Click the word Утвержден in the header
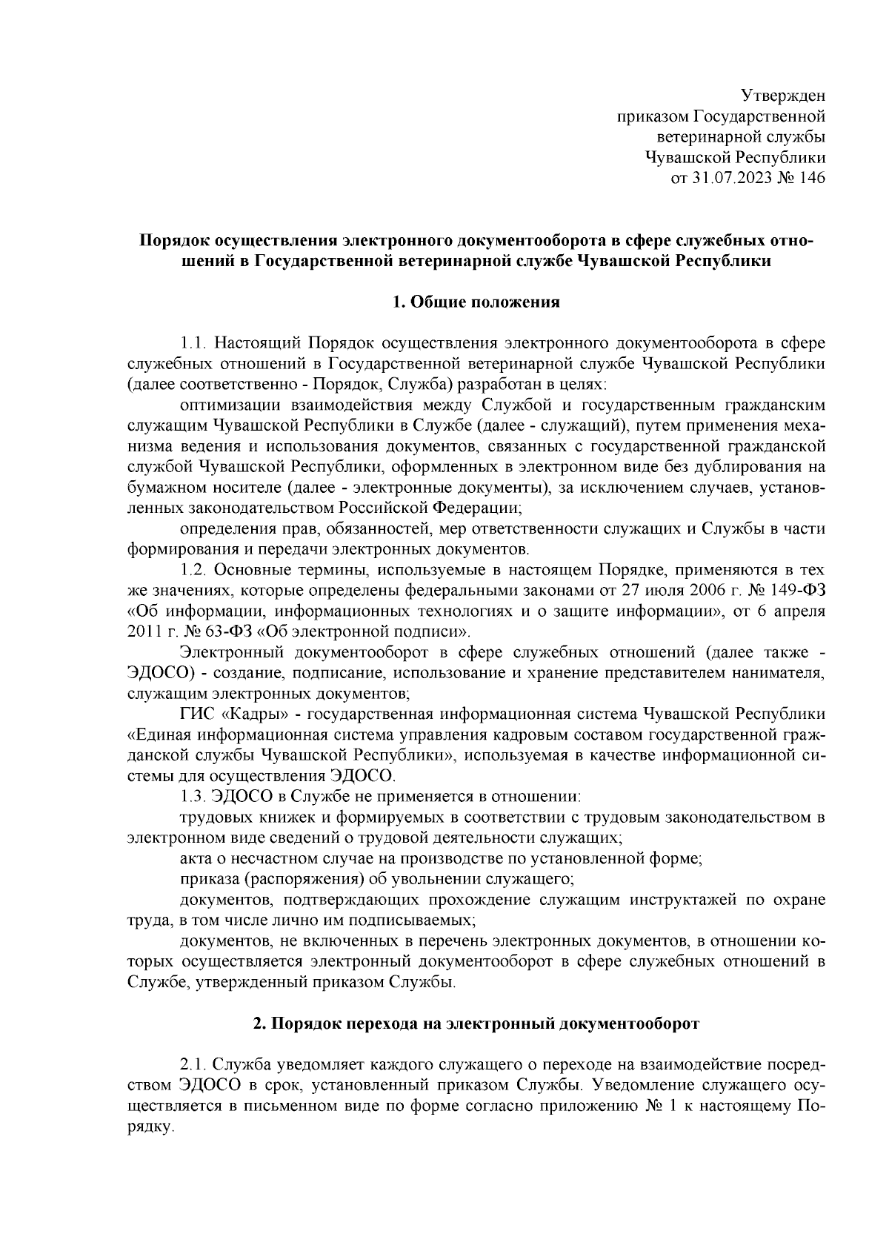point(783,96)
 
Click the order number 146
point(810,177)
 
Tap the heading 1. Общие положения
point(476,302)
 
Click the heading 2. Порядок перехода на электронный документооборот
point(476,1024)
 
